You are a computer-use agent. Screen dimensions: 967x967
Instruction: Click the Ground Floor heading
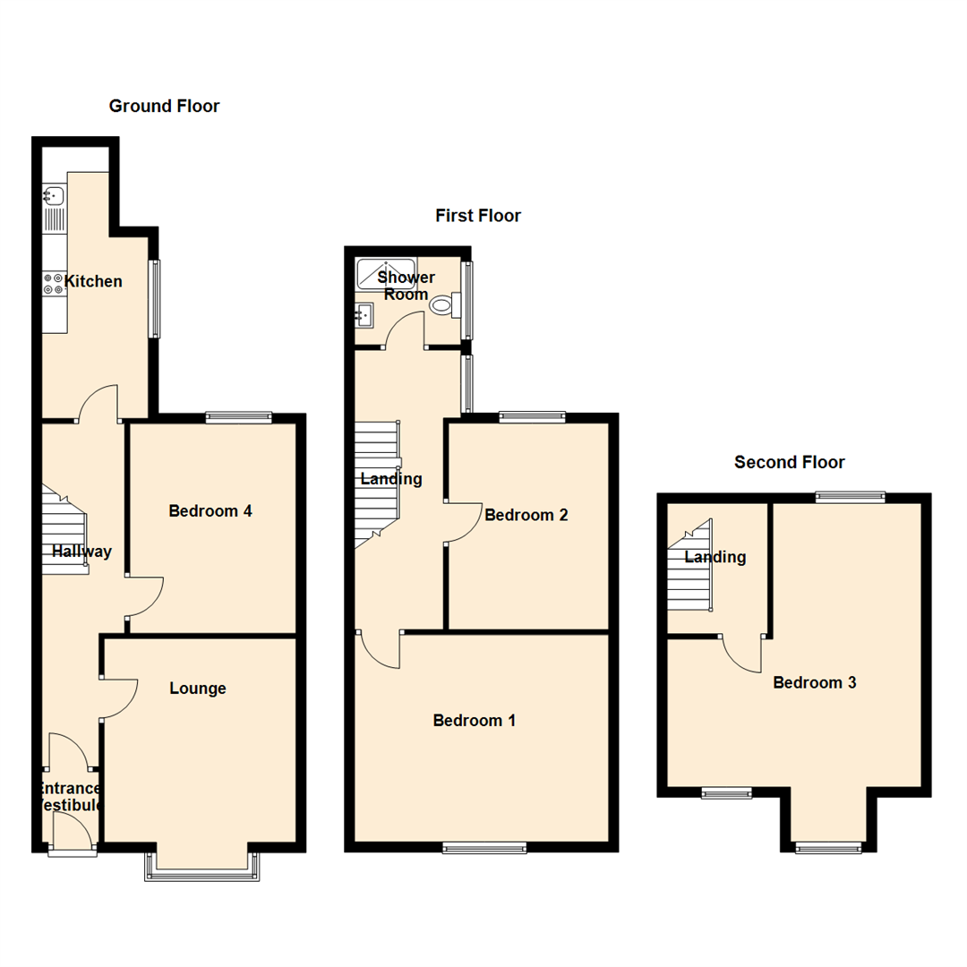click(x=164, y=107)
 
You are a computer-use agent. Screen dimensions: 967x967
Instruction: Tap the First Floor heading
click(x=478, y=216)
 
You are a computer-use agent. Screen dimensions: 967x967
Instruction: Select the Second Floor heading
click(x=789, y=463)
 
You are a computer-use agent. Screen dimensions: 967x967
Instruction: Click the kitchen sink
click(x=52, y=195)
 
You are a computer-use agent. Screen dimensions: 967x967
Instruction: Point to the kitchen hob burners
click(x=53, y=284)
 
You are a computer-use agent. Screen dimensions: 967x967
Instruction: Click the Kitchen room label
click(x=95, y=282)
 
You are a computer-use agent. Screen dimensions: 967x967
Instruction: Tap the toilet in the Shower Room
click(x=443, y=305)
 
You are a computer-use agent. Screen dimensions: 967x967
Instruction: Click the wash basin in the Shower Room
click(x=364, y=315)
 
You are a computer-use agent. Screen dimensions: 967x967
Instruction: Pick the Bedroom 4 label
click(x=210, y=511)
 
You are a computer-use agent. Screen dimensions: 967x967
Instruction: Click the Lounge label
click(x=198, y=689)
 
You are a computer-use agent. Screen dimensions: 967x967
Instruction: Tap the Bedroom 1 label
click(x=474, y=721)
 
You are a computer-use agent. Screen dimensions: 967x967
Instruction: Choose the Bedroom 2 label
click(x=526, y=515)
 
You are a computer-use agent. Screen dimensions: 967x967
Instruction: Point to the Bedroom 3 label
click(x=815, y=683)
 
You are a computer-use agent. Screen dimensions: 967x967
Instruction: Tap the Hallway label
click(x=81, y=552)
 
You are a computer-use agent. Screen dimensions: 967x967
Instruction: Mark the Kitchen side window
click(x=154, y=298)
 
